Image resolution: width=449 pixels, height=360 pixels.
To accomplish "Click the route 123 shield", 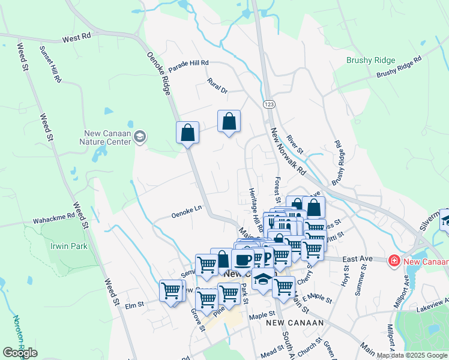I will pyautogui.click(x=268, y=104).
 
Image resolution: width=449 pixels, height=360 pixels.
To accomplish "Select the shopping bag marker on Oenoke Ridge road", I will pyautogui.click(x=187, y=132).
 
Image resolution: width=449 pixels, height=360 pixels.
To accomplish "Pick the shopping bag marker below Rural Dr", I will pyautogui.click(x=229, y=121).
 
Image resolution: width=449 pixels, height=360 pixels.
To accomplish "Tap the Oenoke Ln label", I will pyautogui.click(x=186, y=212).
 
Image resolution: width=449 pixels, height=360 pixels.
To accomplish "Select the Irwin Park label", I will pyautogui.click(x=69, y=246).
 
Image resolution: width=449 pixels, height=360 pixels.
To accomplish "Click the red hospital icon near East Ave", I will pyautogui.click(x=394, y=260).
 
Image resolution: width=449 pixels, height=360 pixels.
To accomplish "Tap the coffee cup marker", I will pyautogui.click(x=242, y=259).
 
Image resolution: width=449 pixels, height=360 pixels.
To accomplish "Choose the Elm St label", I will pyautogui.click(x=135, y=304).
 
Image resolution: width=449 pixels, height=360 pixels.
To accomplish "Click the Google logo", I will pyautogui.click(x=20, y=353).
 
